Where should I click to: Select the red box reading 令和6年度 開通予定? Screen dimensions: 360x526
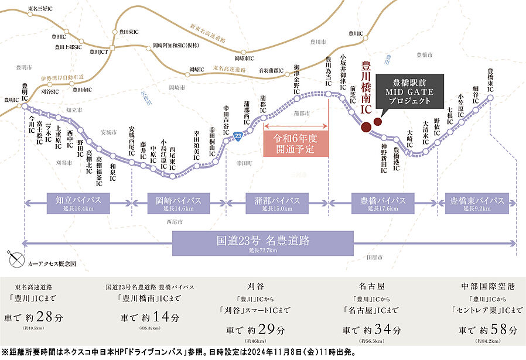296,143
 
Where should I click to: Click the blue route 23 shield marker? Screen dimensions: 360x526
237,136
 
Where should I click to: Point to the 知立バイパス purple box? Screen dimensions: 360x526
74,203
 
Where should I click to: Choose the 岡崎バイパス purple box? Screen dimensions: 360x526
178,203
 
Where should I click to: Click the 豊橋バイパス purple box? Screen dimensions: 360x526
380,203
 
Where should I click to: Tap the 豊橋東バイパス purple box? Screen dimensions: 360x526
477,203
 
